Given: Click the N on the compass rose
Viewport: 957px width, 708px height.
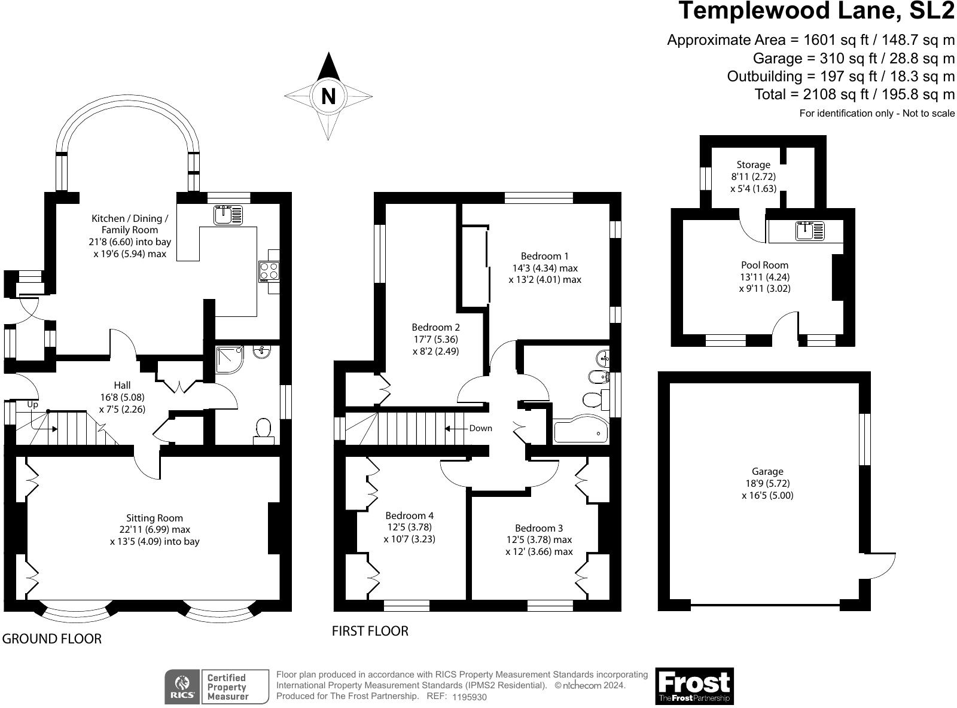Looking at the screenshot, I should [x=328, y=96].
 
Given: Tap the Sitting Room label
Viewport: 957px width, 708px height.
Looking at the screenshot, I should [x=154, y=518].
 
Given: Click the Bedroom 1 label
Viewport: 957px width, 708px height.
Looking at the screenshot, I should [x=544, y=256].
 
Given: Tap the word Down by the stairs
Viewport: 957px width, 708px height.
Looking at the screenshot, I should [x=480, y=428].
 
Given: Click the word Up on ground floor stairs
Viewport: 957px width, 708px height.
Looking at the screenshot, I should [x=32, y=405].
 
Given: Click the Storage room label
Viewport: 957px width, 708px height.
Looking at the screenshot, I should [x=753, y=164].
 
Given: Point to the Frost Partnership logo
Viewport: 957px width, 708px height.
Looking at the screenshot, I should [x=694, y=686].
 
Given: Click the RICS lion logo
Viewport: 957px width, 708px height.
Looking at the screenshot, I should [x=182, y=686].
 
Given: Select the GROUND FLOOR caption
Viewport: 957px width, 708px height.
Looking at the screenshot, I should [x=51, y=639].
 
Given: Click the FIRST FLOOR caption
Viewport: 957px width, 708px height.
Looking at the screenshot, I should [x=370, y=631].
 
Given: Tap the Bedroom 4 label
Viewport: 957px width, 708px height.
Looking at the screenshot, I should [x=409, y=515].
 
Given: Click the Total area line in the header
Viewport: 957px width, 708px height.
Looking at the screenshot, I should [x=854, y=94].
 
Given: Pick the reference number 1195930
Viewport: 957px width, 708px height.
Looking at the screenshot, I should [x=470, y=697].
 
